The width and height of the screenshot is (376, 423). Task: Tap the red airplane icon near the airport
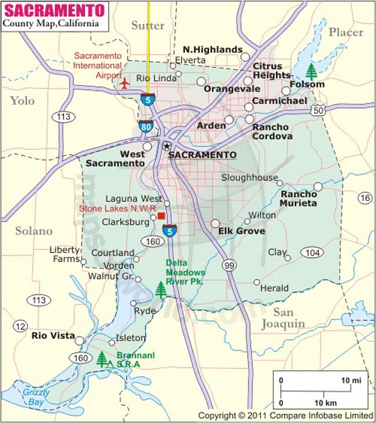124,83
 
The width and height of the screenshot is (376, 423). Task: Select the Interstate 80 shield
146,125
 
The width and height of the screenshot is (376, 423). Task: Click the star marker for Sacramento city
167,146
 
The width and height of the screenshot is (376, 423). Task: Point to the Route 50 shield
319,110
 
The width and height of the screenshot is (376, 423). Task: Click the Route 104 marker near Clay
312,252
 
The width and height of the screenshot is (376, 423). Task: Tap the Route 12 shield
21,326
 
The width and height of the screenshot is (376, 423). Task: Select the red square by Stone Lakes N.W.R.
162,216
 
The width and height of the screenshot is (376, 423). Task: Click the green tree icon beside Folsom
311,70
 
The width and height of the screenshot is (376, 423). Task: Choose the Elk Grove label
241,231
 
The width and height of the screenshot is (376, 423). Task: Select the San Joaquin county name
284,318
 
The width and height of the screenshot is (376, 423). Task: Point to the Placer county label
346,32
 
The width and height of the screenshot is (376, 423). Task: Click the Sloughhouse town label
249,178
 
